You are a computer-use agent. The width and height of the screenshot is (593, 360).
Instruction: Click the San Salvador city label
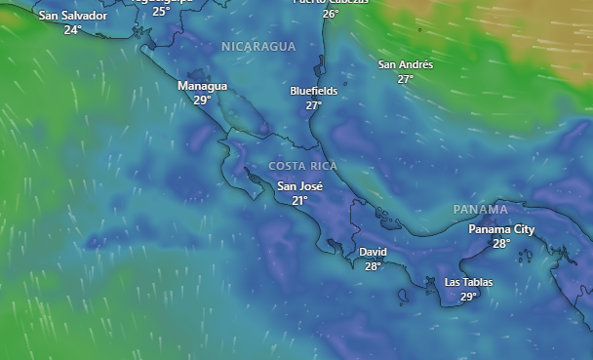72,16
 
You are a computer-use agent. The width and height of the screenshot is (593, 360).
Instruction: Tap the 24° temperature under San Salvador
72,30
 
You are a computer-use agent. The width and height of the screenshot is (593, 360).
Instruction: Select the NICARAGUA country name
257,47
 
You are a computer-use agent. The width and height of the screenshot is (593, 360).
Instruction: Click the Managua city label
202,86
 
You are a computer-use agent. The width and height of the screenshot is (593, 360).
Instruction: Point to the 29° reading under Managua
202,100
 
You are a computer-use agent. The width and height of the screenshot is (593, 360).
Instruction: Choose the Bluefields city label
313,91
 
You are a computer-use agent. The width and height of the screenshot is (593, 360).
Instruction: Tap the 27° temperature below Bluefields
313,105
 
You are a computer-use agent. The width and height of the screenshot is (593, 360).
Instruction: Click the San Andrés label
405,64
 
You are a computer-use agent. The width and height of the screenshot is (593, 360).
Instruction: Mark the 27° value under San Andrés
405,79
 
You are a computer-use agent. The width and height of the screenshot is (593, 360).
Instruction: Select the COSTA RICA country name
303,166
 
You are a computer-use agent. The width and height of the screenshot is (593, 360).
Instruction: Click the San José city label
299,185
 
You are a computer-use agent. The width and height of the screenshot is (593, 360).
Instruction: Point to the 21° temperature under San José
299,200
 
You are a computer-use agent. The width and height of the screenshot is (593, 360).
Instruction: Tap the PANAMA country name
480,210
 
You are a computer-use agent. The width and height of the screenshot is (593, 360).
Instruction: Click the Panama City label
501,229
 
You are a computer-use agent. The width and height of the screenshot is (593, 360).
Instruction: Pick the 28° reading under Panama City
501,244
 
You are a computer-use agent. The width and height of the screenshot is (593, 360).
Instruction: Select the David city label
373,252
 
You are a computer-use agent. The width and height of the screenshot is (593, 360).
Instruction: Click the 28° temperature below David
373,266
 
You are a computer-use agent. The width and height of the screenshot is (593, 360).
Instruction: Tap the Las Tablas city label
468,283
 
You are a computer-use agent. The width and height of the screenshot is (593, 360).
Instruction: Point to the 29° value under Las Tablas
468,298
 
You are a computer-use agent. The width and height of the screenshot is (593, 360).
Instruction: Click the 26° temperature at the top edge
331,14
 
